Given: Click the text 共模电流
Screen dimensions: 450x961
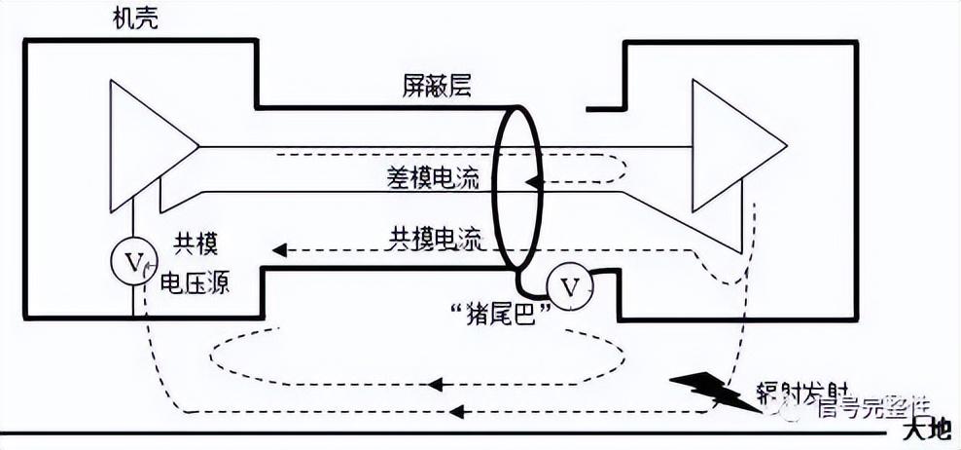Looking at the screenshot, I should pos(435,237).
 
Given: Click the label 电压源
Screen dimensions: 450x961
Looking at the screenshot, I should pos(195,283).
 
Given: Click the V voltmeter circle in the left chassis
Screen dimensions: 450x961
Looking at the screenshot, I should pos(133,261).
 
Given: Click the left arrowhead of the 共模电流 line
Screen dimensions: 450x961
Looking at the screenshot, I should pos(279,250).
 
